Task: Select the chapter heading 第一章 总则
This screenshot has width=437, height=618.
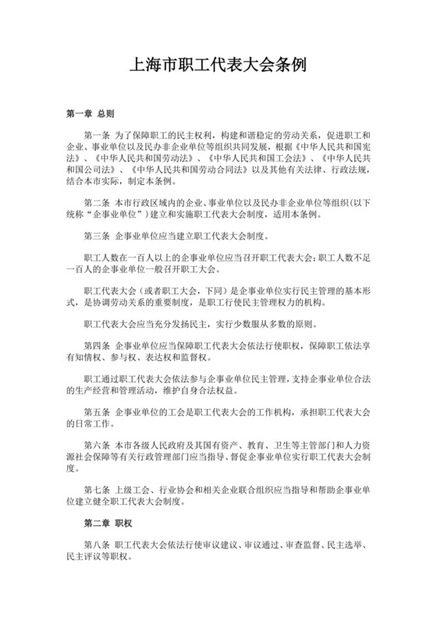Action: pyautogui.click(x=90, y=114)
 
